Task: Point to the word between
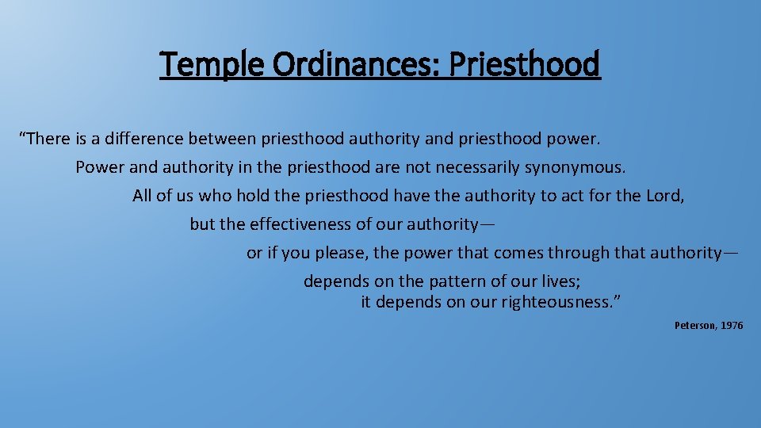click(222, 139)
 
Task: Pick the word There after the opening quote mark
click(48, 139)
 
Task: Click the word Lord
click(664, 196)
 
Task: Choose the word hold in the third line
click(244, 196)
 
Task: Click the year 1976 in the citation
click(732, 326)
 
